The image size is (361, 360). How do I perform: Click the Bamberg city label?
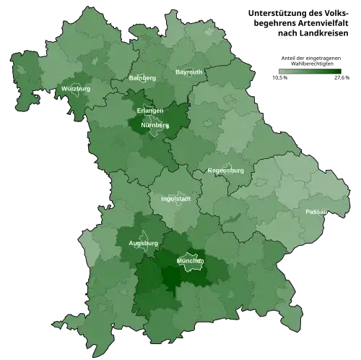point(142,78)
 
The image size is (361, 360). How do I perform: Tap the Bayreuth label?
point(189,72)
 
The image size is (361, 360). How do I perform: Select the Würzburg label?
point(76,89)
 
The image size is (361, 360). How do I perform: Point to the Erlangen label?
point(149,111)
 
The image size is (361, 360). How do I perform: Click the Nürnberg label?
point(155,125)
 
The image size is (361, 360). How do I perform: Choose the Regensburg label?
point(225,171)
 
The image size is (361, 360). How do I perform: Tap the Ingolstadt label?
point(176,198)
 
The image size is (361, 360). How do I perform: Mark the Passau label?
point(316,212)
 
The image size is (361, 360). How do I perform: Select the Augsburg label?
point(143,244)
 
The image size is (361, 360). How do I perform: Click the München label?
point(190,260)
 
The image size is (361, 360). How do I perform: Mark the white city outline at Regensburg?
point(228,167)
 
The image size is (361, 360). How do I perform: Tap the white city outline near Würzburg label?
point(77,95)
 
